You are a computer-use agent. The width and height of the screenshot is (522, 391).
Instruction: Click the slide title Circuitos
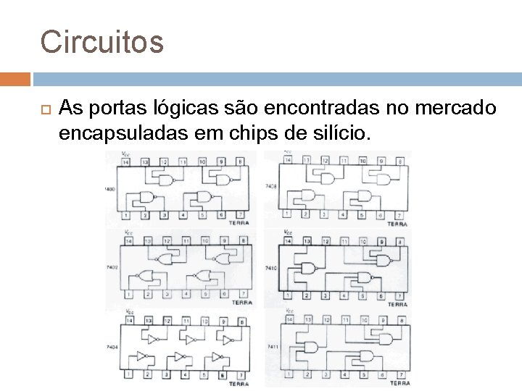[102, 42]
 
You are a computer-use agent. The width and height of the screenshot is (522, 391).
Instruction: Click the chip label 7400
[110, 189]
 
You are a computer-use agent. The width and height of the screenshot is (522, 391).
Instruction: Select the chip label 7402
[110, 268]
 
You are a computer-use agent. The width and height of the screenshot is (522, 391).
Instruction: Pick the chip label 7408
[270, 186]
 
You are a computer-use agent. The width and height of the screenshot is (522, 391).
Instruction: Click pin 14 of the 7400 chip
[126, 161]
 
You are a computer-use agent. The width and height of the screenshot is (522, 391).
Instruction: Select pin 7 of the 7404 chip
[242, 374]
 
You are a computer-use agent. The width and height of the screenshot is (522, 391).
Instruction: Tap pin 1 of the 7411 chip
[289, 374]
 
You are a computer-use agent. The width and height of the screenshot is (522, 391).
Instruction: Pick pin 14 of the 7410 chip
[289, 240]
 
